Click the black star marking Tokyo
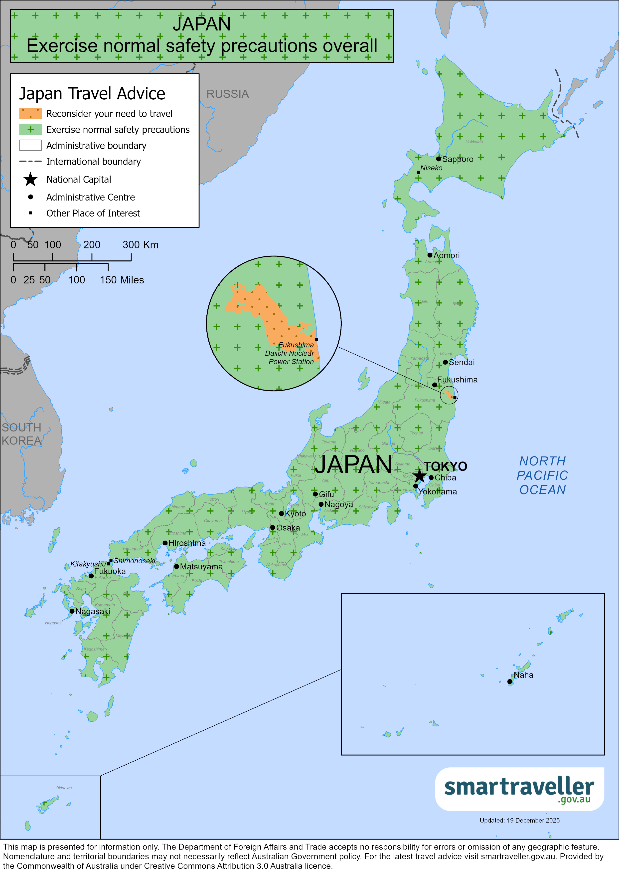click(419, 475)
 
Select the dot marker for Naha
click(509, 681)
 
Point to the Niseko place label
click(431, 168)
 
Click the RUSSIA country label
click(227, 94)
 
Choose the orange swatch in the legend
click(30, 113)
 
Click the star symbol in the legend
click(30, 179)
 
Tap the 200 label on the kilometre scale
click(92, 244)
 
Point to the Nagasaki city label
click(93, 611)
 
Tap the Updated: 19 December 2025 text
click(519, 820)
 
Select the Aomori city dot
click(430, 255)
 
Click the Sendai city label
click(462, 362)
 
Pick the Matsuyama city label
click(201, 567)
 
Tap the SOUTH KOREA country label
click(21, 434)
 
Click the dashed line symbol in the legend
click(30, 161)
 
